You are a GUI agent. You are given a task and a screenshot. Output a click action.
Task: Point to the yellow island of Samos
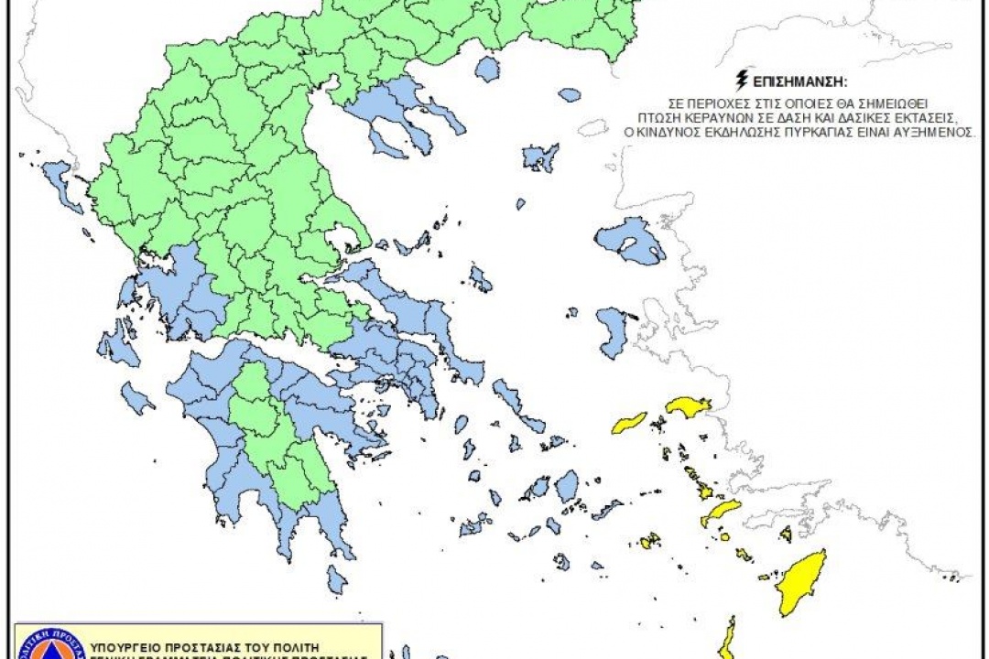pyautogui.click(x=688, y=406)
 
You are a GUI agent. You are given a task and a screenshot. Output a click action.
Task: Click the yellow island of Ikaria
pyautogui.click(x=629, y=423)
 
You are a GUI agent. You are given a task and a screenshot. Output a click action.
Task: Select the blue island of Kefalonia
pyautogui.click(x=117, y=348)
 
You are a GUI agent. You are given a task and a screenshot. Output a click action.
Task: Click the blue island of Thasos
pyautogui.click(x=487, y=70)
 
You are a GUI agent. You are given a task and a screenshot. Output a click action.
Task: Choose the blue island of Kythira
pyautogui.click(x=338, y=579)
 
